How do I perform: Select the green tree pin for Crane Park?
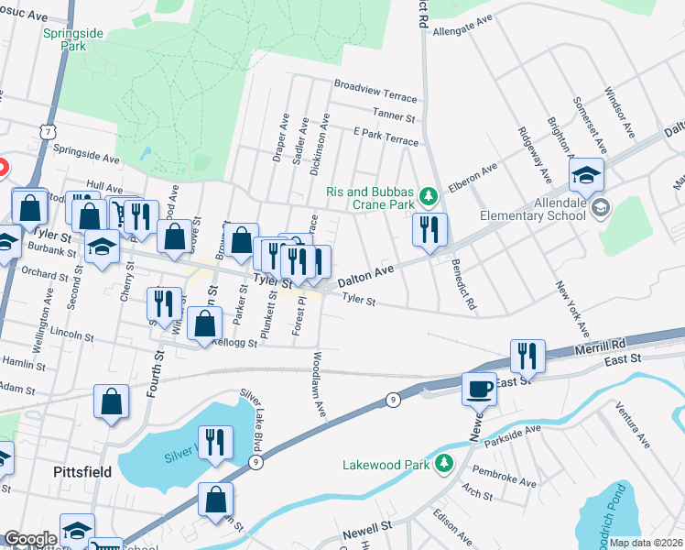pyautogui.click(x=427, y=196)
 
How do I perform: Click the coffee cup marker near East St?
pyautogui.click(x=480, y=389)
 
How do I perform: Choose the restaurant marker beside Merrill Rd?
pyautogui.click(x=527, y=356)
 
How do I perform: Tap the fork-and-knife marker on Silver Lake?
pyautogui.click(x=214, y=444)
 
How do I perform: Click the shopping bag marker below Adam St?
pyautogui.click(x=112, y=402)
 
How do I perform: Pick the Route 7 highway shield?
pyautogui.click(x=47, y=133)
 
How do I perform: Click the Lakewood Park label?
pyautogui.click(x=386, y=464)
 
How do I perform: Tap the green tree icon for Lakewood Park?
pyautogui.click(x=444, y=463)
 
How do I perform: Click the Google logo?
pyautogui.click(x=29, y=539)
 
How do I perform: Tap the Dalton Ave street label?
pyautogui.click(x=365, y=274)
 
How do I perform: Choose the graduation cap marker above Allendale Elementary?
pyautogui.click(x=587, y=176)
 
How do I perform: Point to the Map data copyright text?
pyautogui.click(x=646, y=543)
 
